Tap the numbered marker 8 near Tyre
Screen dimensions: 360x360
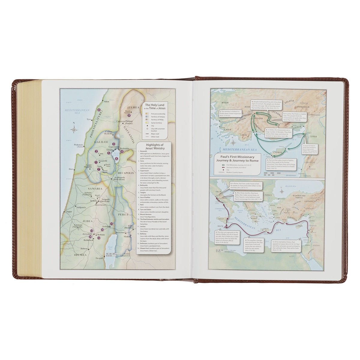point(99,110)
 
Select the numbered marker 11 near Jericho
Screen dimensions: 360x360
point(111,223)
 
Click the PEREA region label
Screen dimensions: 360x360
point(123,214)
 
